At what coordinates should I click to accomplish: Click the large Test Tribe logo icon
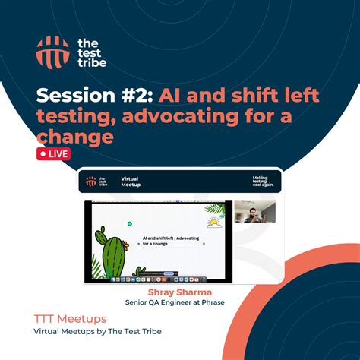(52, 51)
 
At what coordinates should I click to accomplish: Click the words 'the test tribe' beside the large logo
(92, 51)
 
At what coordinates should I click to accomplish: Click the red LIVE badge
(54, 154)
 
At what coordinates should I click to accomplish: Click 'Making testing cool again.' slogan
(260, 181)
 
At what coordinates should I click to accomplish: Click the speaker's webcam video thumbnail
(254, 212)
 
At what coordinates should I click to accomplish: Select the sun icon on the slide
(213, 223)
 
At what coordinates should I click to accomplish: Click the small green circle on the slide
(130, 224)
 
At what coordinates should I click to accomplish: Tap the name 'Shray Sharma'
(179, 291)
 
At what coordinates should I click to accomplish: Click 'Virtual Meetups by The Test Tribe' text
(97, 332)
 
